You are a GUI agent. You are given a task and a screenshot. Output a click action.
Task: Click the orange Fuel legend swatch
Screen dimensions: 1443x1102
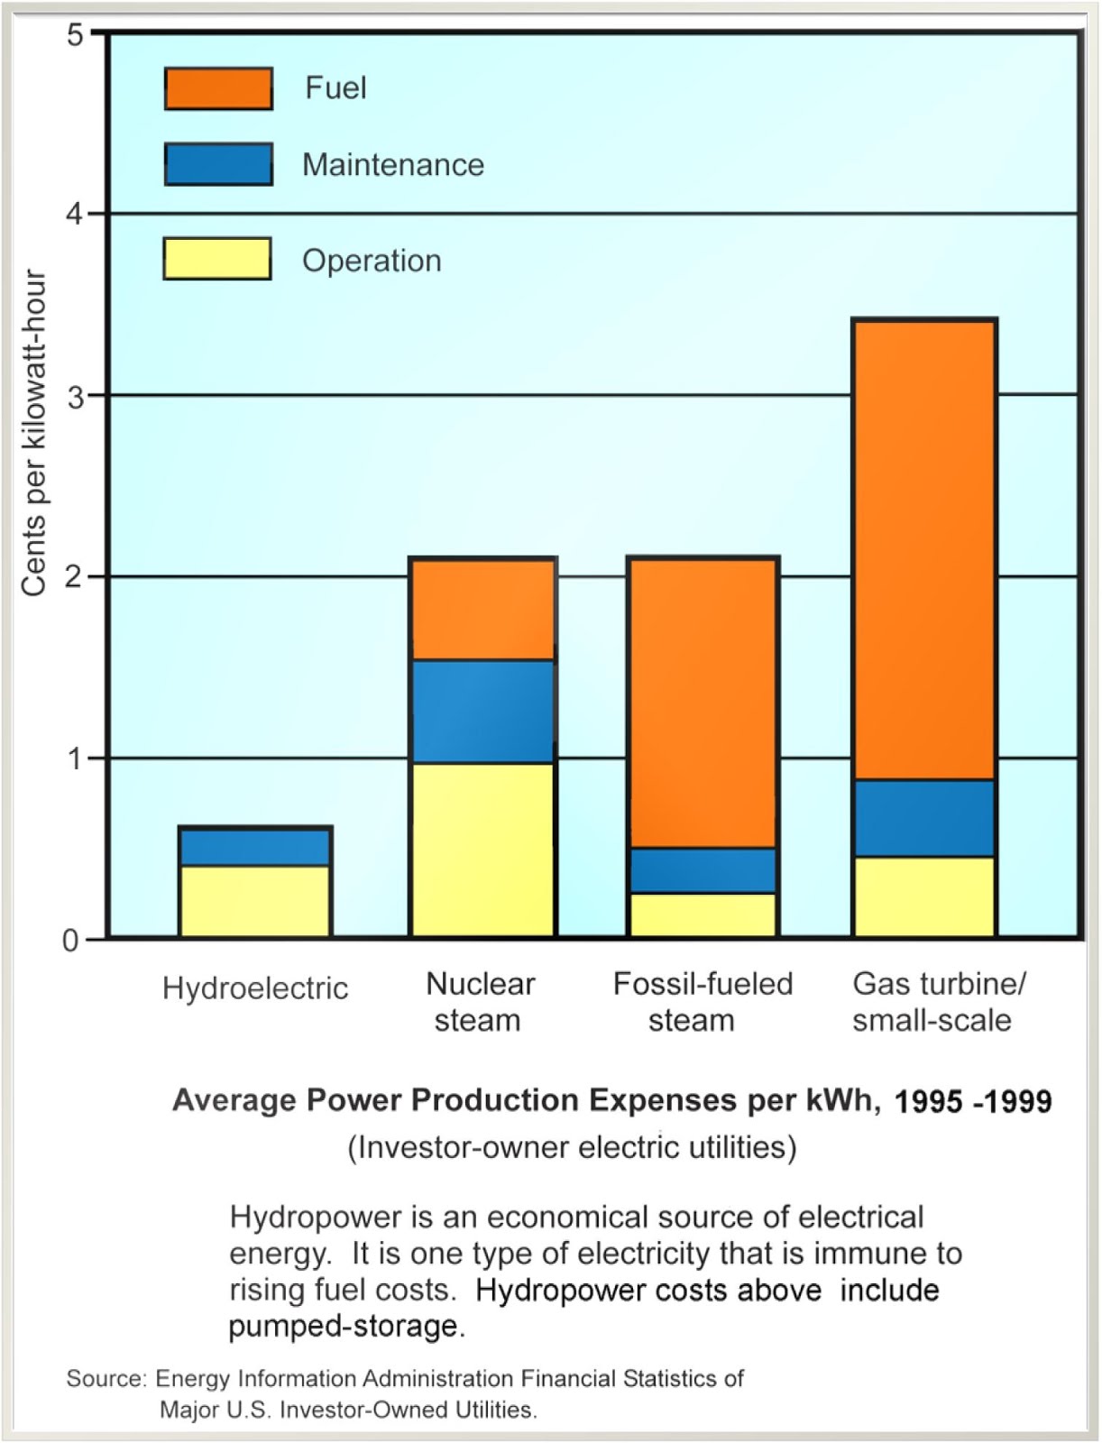[218, 88]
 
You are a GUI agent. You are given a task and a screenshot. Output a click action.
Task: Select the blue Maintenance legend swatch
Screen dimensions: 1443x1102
[218, 164]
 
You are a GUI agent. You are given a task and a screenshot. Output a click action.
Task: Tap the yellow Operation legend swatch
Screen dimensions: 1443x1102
[217, 259]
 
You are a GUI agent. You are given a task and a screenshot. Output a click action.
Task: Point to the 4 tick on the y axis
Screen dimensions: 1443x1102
[74, 215]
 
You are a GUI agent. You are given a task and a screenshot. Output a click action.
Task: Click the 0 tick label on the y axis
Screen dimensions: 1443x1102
[70, 941]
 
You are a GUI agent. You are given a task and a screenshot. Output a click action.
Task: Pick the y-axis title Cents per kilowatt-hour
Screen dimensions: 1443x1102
[33, 433]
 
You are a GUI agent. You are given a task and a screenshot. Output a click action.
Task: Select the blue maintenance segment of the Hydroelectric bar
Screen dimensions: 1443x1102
[255, 847]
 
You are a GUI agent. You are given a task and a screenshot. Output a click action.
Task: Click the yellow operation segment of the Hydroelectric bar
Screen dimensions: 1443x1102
[255, 901]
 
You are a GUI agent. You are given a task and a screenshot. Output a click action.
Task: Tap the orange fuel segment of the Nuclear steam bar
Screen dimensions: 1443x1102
[482, 610]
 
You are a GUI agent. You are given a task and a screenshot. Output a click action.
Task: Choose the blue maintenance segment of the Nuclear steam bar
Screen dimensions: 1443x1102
[482, 712]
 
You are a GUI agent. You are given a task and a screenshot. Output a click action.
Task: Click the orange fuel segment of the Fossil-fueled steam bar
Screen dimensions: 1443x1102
[703, 703]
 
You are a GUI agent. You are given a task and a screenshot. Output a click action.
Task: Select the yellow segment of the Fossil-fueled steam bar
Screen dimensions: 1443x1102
[703, 915]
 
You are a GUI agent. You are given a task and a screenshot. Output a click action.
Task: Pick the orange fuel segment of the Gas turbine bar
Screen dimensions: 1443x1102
[924, 550]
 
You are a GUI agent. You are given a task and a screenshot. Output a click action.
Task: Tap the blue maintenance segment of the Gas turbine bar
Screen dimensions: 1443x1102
[924, 818]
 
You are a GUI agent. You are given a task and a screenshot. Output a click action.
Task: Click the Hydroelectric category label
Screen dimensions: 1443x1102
[255, 988]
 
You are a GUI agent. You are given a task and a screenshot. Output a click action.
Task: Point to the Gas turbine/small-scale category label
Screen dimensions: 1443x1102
[938, 1002]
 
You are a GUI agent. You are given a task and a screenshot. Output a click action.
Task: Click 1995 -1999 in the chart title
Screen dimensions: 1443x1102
[972, 1101]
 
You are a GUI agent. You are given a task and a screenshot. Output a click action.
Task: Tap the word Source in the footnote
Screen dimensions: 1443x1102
[105, 1378]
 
